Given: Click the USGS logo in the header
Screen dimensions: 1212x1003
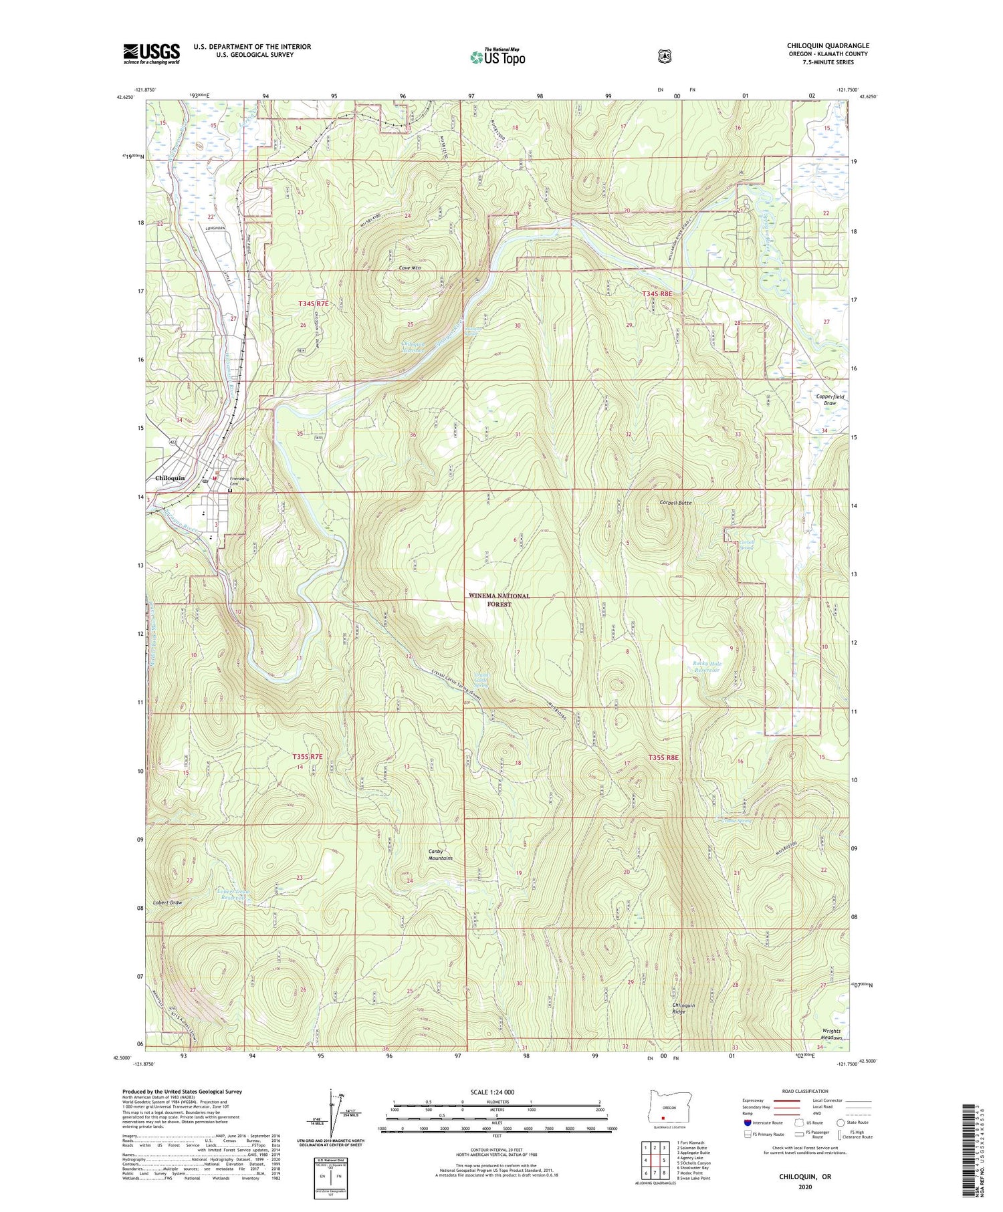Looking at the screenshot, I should [151, 53].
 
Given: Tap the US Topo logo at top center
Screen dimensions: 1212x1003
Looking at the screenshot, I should [497, 57].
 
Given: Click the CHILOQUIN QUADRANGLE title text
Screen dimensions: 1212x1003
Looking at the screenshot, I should [828, 45].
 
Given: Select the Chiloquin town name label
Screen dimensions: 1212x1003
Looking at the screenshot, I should [169, 479].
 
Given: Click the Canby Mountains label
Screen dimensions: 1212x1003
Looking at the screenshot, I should [440, 854].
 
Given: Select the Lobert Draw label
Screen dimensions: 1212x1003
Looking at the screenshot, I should [167, 902].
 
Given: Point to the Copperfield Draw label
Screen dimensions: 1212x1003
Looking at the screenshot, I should [830, 400].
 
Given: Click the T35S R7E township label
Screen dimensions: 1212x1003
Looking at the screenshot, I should [308, 756].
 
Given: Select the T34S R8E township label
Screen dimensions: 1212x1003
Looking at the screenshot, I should [659, 293].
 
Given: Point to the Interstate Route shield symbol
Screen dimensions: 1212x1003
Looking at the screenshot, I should [748, 1122].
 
